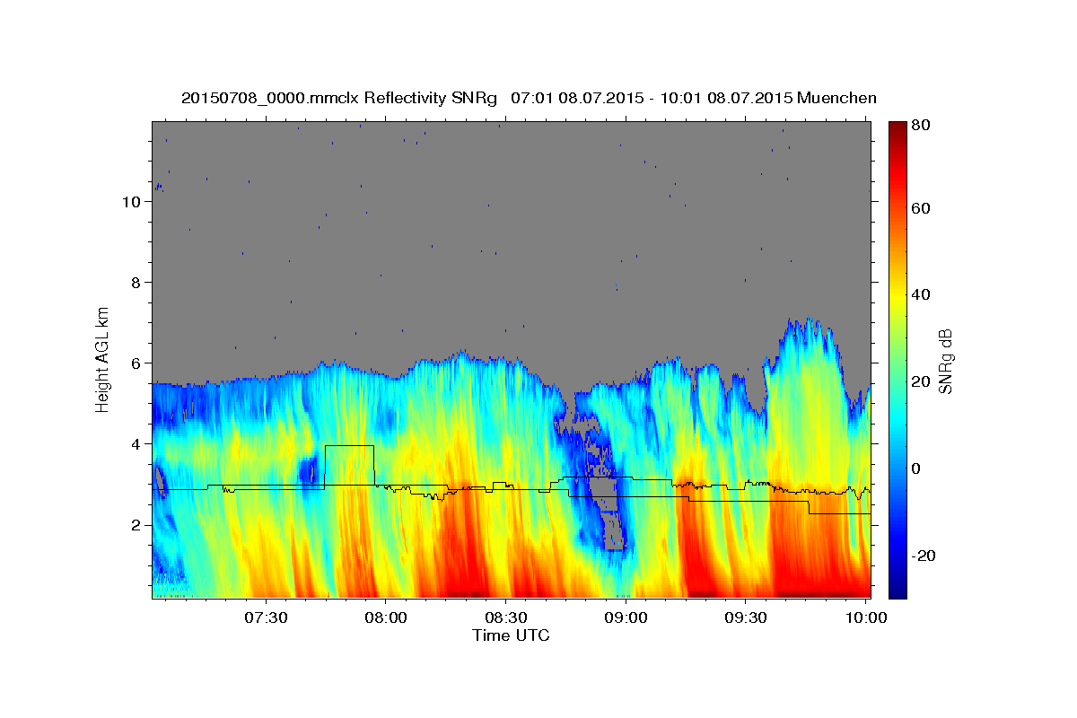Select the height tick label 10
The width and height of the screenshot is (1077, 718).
tap(130, 202)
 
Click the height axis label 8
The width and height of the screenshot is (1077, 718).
tap(135, 283)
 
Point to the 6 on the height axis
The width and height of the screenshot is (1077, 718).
tap(135, 363)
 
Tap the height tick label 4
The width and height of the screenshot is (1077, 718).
tap(135, 444)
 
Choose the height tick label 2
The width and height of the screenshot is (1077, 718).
tap(135, 525)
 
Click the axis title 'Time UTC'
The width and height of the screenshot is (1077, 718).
tap(511, 635)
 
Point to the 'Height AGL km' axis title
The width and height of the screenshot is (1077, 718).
tap(103, 359)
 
